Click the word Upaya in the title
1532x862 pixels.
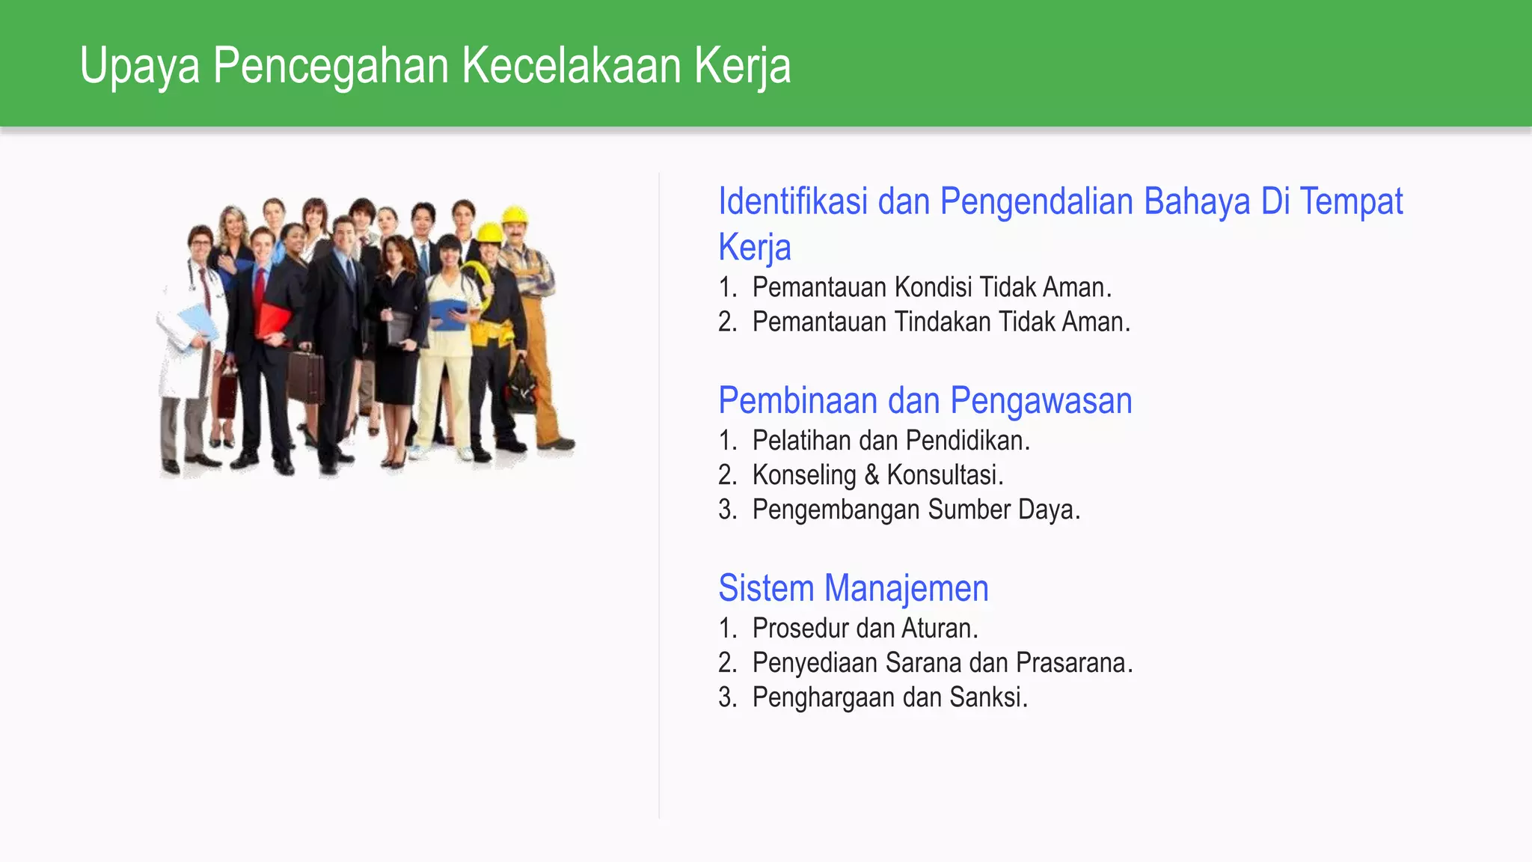[x=140, y=66]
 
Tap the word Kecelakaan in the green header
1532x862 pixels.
[x=572, y=66]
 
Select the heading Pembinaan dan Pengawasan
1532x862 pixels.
[x=925, y=400]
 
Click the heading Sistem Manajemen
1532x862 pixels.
[x=853, y=588]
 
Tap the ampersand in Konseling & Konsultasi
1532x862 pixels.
[x=871, y=475]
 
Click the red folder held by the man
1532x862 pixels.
[x=272, y=320]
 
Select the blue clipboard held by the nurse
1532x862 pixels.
[x=449, y=313]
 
